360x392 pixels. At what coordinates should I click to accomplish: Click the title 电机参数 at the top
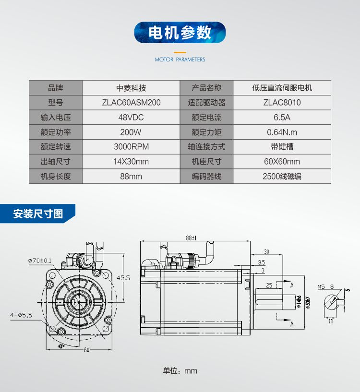click(180, 33)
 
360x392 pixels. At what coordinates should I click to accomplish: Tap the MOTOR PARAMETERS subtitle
click(180, 59)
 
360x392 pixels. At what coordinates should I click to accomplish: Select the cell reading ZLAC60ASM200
click(131, 103)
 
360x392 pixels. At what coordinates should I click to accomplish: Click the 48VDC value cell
click(131, 118)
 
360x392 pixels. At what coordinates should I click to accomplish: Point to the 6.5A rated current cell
click(282, 118)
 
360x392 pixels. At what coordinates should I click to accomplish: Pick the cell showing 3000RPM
click(131, 147)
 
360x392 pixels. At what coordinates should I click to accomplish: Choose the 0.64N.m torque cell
click(282, 132)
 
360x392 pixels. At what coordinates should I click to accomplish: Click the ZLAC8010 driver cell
click(282, 103)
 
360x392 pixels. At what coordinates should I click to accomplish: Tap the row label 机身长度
click(56, 176)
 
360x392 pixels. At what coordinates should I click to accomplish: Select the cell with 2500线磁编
click(282, 176)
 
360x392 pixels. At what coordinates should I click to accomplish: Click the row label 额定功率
click(56, 132)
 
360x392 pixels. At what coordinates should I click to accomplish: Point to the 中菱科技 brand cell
click(131, 88)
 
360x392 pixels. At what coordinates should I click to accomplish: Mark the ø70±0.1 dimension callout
click(40, 261)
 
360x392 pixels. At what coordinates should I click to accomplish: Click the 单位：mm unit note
click(180, 370)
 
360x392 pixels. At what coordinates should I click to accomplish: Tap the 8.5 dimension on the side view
click(261, 262)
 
